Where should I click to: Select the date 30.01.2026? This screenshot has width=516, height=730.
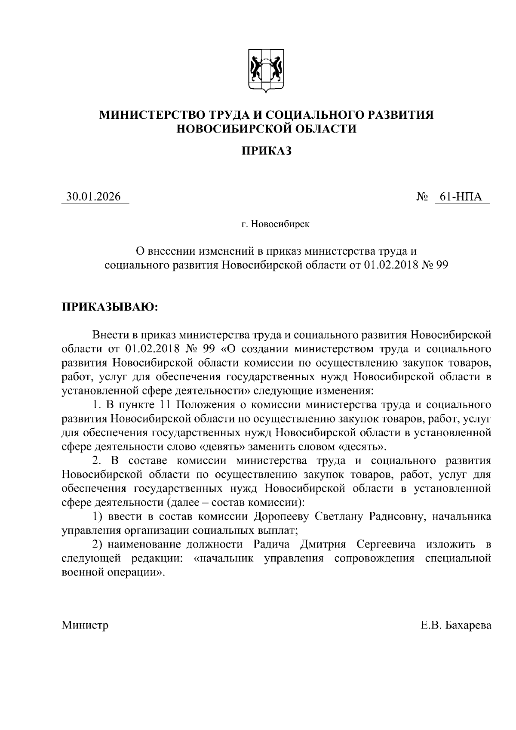(x=93, y=197)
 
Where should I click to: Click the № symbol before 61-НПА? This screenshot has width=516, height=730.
(x=422, y=197)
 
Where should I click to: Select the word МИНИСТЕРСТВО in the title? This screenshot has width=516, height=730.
(x=151, y=115)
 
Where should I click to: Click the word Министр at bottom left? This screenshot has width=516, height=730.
(x=85, y=625)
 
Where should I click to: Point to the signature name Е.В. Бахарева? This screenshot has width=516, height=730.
(x=456, y=625)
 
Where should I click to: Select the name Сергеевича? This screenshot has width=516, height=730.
(x=386, y=544)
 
